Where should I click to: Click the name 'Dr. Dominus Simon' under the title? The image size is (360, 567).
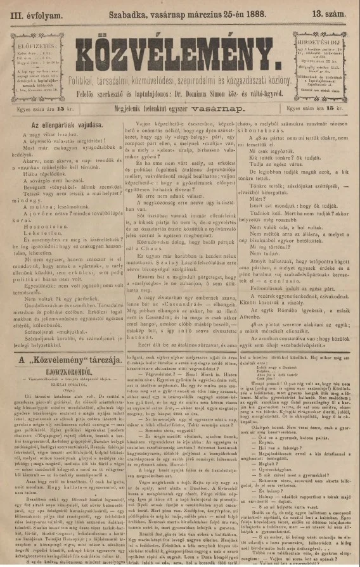(x=209, y=94)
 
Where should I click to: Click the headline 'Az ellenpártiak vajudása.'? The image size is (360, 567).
(x=65, y=125)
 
